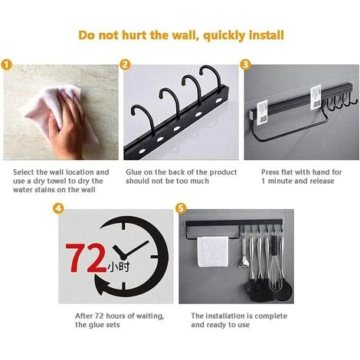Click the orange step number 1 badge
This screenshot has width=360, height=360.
point(6,65)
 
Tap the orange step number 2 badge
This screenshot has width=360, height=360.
point(125,65)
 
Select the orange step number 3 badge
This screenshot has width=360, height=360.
point(245,65)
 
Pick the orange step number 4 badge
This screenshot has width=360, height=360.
point(58,208)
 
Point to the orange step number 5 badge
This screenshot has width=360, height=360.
point(181,208)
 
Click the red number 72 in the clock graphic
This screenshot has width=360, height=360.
point(86,258)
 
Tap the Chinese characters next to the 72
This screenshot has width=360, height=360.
point(118,267)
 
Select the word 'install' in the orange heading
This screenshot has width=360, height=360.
point(267,35)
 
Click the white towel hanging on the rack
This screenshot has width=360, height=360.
point(213,251)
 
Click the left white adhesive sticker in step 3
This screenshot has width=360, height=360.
point(262,113)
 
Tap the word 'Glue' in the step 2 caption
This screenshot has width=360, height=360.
point(133,172)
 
